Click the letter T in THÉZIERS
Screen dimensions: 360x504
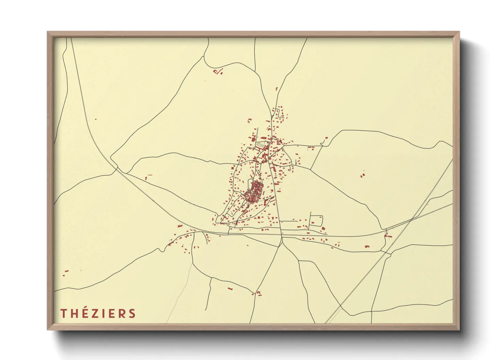[63, 313]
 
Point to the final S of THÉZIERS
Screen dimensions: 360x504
[132, 313]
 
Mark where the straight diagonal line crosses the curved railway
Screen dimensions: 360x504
[411, 219]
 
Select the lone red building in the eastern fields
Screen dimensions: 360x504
[362, 176]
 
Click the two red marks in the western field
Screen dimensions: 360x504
[147, 177]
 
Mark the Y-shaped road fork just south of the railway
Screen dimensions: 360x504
[282, 243]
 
